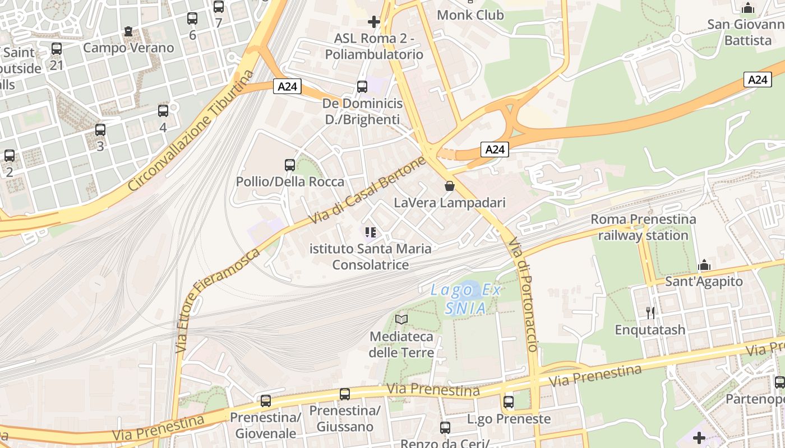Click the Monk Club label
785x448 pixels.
click(x=470, y=15)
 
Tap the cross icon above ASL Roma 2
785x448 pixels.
click(x=373, y=22)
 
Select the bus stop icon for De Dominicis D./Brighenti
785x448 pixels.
click(x=362, y=87)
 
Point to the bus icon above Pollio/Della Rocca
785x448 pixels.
click(x=290, y=165)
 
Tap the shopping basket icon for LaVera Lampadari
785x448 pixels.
click(x=449, y=186)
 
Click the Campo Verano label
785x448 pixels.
click(x=128, y=48)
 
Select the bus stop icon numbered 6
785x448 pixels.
click(x=192, y=18)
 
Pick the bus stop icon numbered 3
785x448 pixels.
click(x=100, y=130)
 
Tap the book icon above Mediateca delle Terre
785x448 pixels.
click(x=401, y=319)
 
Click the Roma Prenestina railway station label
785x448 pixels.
click(x=643, y=227)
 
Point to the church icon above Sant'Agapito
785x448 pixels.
click(x=704, y=265)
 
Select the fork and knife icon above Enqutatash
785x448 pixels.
click(x=650, y=312)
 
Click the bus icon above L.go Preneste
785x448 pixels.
click(x=509, y=402)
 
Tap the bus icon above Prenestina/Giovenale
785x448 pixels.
click(x=266, y=401)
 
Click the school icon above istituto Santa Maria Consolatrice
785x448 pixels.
click(x=370, y=232)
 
